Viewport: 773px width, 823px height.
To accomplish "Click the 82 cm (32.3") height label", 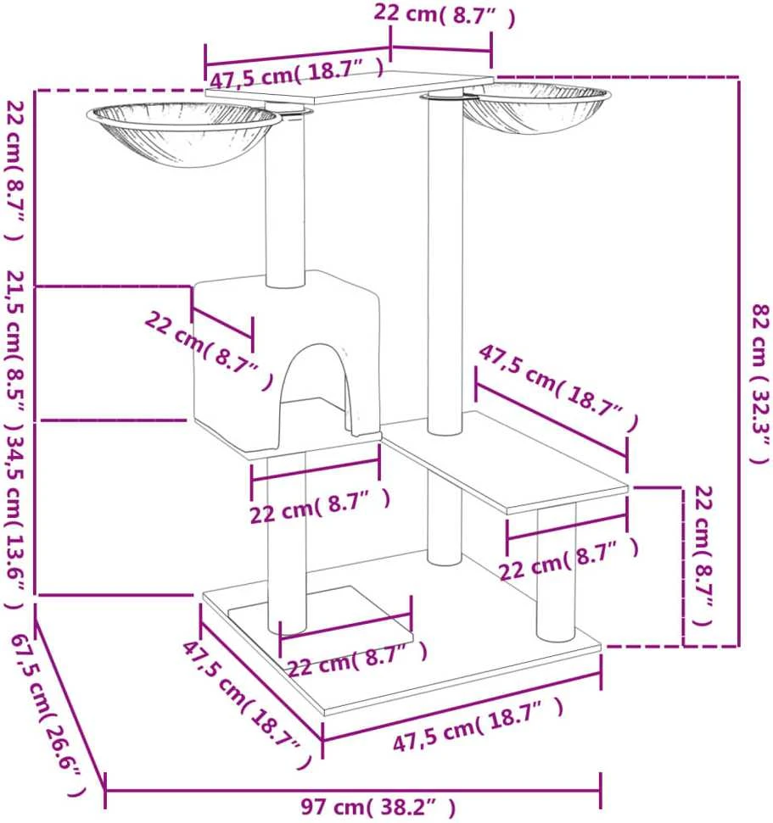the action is (x=759, y=383).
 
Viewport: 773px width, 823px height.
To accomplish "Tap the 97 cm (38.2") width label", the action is (x=378, y=807).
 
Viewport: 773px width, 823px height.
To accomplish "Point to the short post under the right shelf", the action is (x=557, y=571).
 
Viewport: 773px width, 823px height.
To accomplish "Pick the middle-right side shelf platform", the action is (x=506, y=462).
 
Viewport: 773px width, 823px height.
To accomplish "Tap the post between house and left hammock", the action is (x=285, y=199).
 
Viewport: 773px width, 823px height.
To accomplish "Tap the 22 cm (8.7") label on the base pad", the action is (x=357, y=659).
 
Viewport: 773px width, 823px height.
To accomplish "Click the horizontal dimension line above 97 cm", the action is (x=353, y=789).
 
